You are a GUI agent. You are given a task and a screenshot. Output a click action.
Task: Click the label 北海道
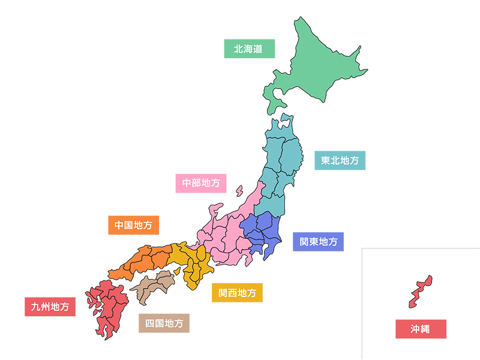pos(248,49)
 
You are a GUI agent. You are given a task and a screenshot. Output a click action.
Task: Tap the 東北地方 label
pos(340,160)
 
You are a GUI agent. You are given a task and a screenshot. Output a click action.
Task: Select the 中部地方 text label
pos(201,182)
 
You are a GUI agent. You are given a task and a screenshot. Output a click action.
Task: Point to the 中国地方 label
pos(133,226)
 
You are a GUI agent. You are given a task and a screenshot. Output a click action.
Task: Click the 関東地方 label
pos(319,242)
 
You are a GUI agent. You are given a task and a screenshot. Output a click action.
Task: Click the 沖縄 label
pos(420,329)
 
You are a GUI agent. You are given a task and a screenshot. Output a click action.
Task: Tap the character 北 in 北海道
pos(238,49)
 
